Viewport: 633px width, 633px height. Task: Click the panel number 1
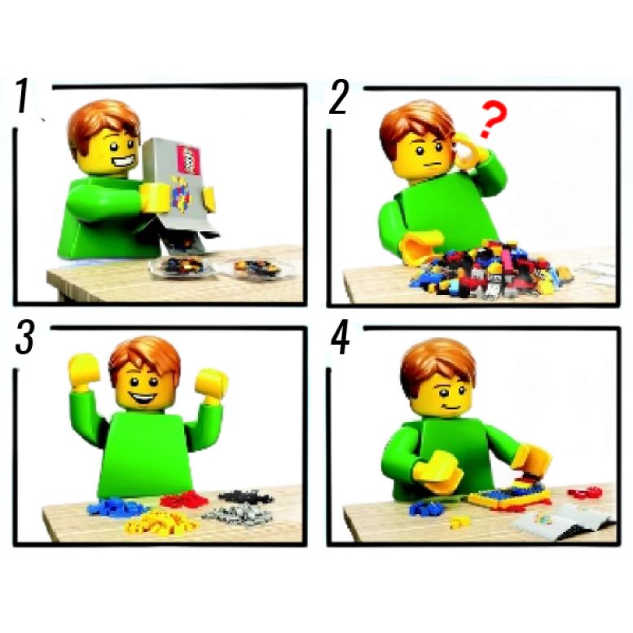coord(23,96)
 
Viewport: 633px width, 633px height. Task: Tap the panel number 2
coord(338,97)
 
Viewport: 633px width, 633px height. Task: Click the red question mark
coord(490,120)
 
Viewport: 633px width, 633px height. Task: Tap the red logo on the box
coord(188,160)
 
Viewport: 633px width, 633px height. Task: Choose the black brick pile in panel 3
coord(245,496)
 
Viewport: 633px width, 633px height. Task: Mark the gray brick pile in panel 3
coord(237,515)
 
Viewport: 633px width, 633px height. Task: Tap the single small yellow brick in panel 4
coord(459,522)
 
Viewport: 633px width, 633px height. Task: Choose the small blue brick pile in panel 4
coord(424,508)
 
